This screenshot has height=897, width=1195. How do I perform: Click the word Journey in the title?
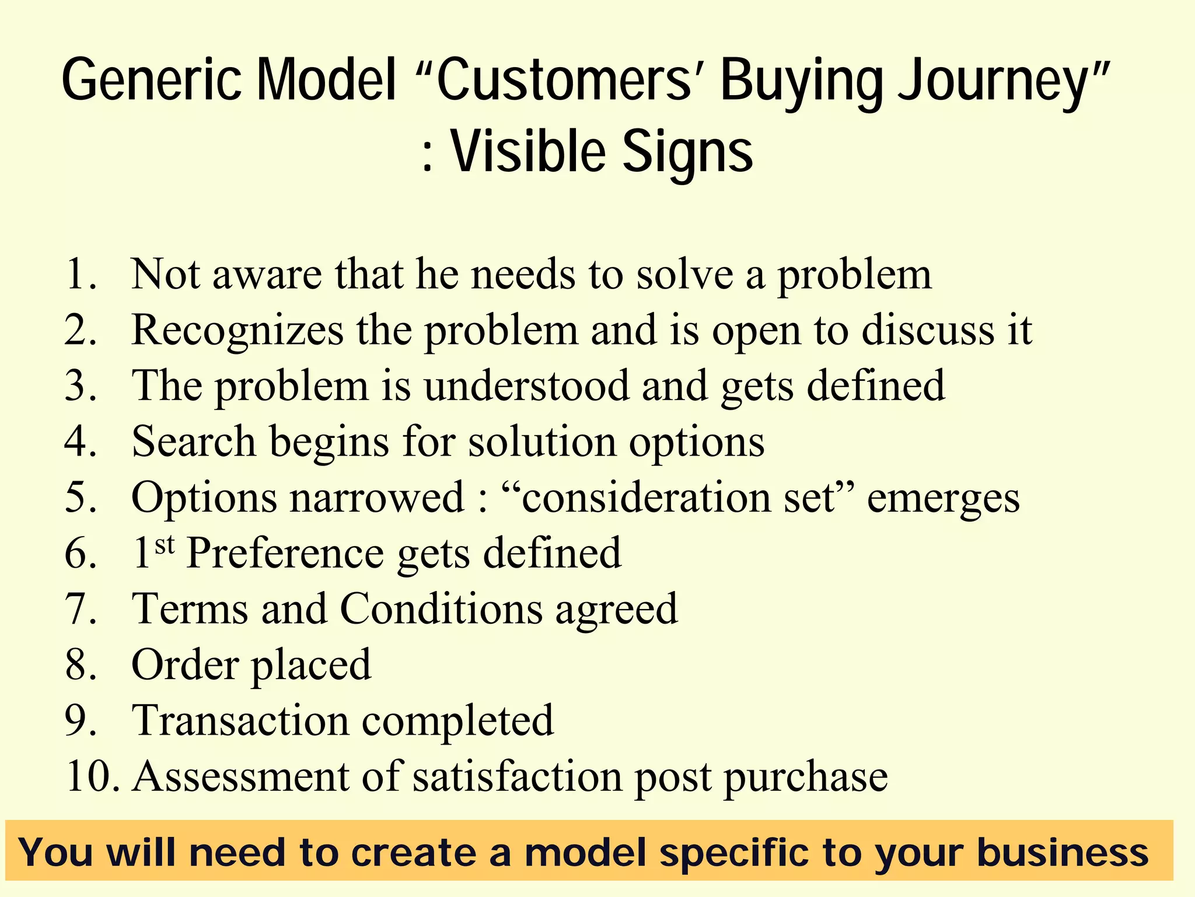click(x=992, y=82)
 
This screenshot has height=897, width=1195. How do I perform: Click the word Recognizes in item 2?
click(x=237, y=331)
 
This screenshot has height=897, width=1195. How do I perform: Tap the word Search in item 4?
click(x=194, y=441)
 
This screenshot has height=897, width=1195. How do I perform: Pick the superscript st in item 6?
click(x=165, y=545)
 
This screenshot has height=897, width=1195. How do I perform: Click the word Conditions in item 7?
click(x=441, y=609)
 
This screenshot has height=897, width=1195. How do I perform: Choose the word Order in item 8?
click(x=185, y=665)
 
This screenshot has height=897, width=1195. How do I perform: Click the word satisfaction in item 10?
click(x=517, y=776)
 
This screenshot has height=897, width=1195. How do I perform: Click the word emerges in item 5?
click(x=943, y=499)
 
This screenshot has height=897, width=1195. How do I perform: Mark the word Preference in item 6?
click(x=285, y=553)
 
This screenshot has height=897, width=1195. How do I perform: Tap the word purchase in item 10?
click(x=806, y=777)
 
